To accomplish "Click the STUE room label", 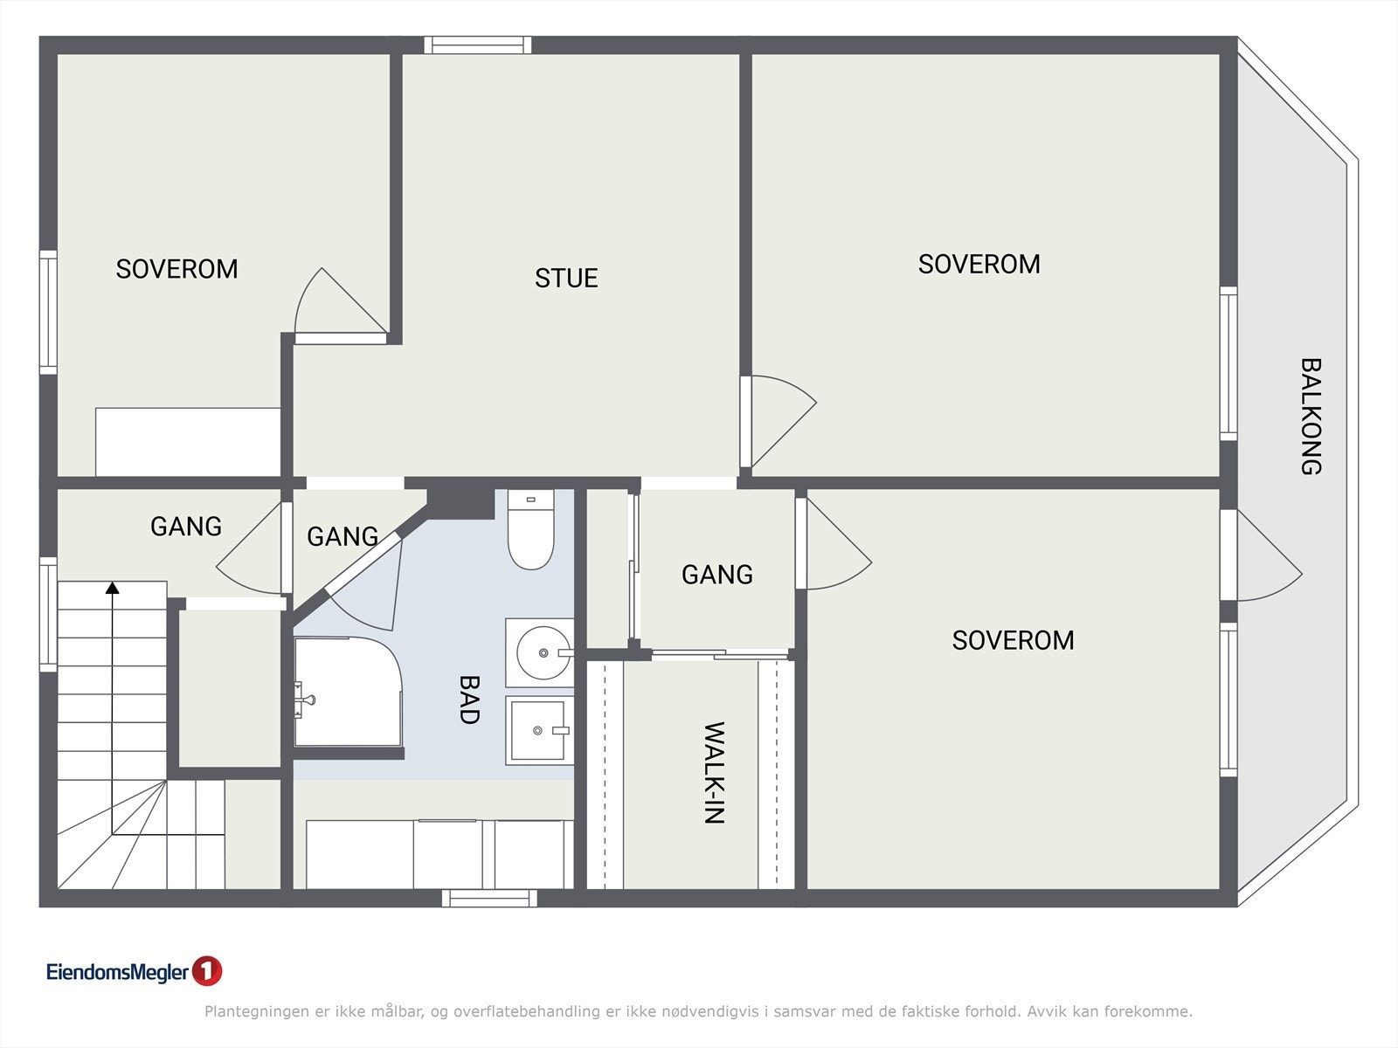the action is click(x=566, y=278).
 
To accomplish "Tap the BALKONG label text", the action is click(x=1311, y=417).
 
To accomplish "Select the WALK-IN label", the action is click(x=715, y=773).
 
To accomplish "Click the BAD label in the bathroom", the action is click(x=469, y=700).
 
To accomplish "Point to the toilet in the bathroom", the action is click(x=530, y=529).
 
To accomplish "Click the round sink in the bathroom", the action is click(x=543, y=653).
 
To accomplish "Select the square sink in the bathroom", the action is click(x=539, y=730).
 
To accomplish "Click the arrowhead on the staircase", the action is click(x=113, y=587).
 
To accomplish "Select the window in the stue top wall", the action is click(x=478, y=45).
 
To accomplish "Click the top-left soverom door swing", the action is click(x=341, y=301).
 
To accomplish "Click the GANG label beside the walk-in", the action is click(x=717, y=575).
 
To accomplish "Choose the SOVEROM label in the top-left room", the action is click(x=177, y=269).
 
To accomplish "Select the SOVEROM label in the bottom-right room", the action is click(x=1014, y=640).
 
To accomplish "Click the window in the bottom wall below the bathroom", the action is click(x=490, y=898).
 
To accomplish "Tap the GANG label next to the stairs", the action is click(x=186, y=527).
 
